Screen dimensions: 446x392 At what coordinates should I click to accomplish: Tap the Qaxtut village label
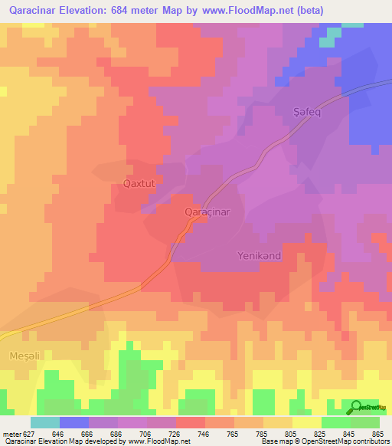point(139,184)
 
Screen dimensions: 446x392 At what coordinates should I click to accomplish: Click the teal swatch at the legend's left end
point(45,422)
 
